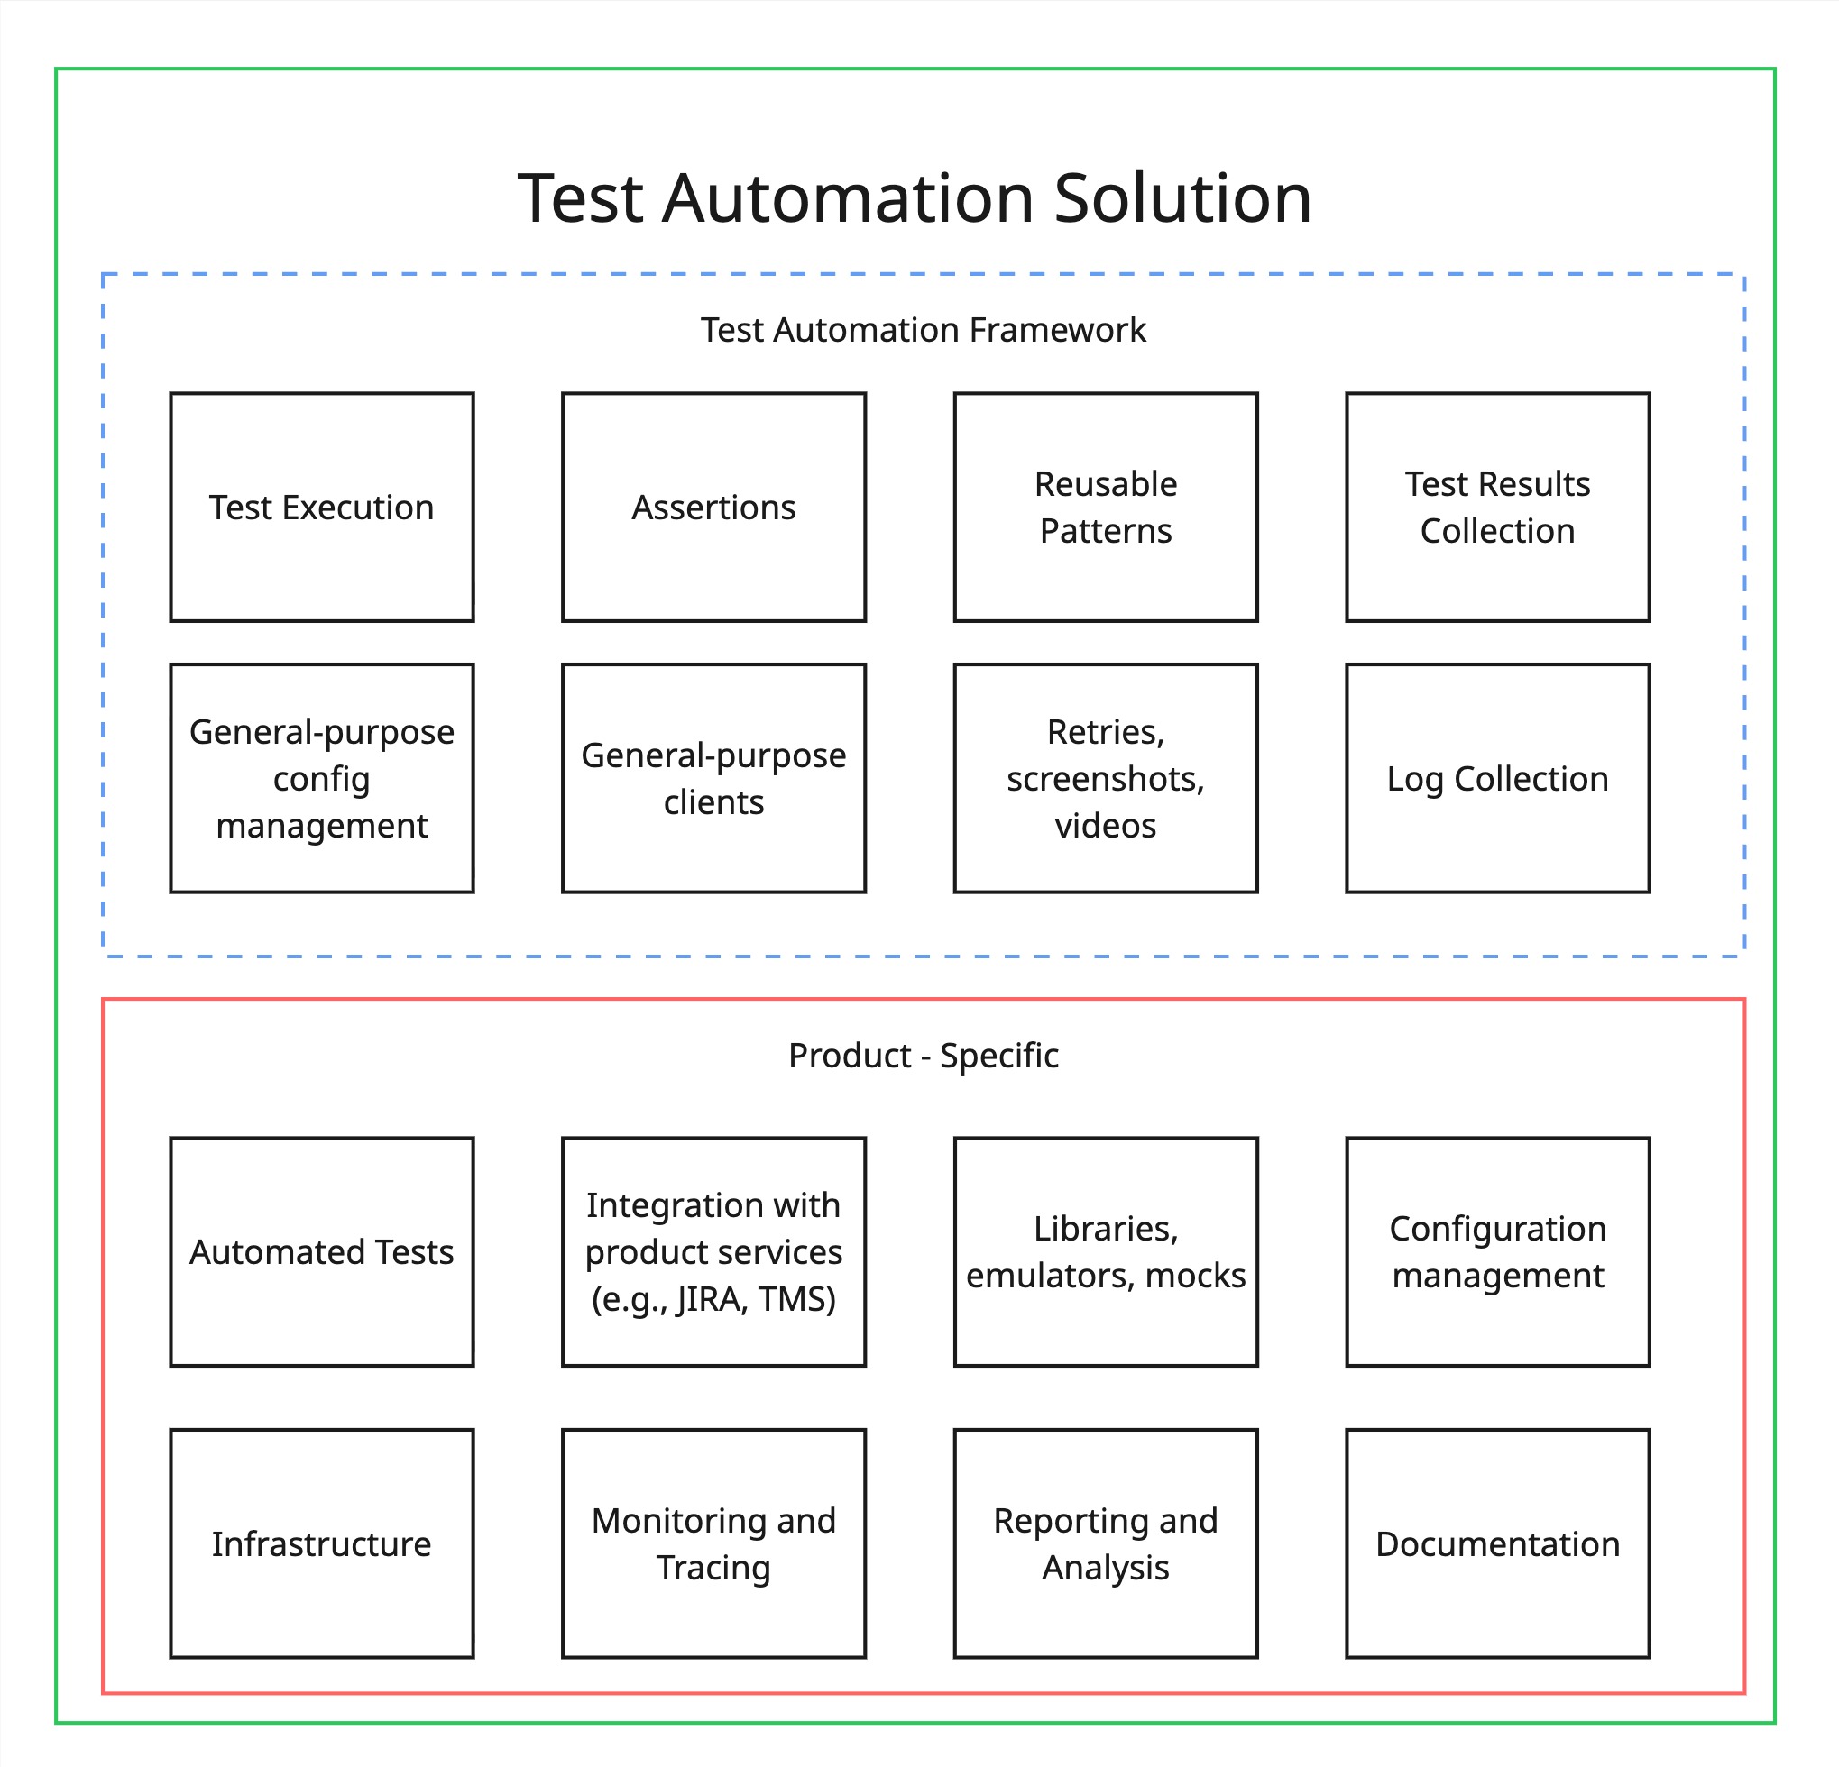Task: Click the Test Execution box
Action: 322,508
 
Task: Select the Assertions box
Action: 713,508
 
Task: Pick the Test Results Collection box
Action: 1497,508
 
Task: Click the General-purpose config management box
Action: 322,778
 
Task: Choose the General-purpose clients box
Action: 713,778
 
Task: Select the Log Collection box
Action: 1497,778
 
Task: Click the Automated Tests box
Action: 322,1252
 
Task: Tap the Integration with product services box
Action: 713,1252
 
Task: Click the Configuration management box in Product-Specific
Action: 1497,1252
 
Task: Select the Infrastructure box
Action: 322,1543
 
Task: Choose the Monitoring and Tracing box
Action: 713,1543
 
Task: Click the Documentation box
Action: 1497,1543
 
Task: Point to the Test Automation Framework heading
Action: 924,330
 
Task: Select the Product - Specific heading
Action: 924,1056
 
